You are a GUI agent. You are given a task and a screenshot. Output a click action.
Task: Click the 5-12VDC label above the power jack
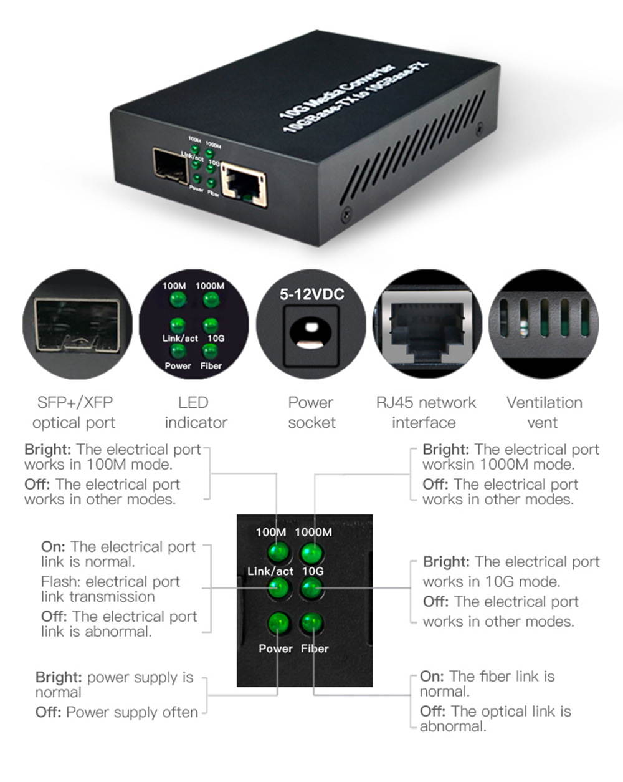[x=311, y=294]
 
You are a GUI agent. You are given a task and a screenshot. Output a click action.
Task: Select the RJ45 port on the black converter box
[x=244, y=184]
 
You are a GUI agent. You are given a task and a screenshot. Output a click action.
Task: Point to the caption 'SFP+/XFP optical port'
[x=74, y=412]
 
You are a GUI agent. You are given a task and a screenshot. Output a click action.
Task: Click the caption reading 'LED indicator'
[x=195, y=412]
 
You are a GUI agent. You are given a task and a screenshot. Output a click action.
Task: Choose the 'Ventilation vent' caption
[x=544, y=412]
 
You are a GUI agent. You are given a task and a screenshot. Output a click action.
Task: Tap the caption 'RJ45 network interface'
[x=426, y=412]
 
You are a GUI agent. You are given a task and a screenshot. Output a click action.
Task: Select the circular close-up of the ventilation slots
[x=543, y=324]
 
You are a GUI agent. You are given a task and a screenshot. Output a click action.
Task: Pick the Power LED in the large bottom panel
[x=278, y=623]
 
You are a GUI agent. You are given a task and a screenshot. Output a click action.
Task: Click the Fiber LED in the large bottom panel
[x=311, y=623]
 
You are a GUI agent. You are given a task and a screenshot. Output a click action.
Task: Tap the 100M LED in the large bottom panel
[x=278, y=552]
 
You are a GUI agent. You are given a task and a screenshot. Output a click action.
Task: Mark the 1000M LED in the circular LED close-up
[x=211, y=300]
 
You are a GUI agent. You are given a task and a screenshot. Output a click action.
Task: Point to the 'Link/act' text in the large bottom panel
[x=270, y=571]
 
